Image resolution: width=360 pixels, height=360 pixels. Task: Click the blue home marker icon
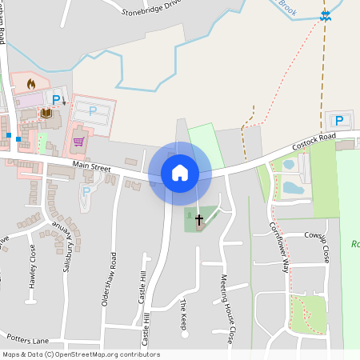pyautogui.click(x=180, y=173)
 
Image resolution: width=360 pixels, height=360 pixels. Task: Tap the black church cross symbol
pyautogui.click(x=199, y=218)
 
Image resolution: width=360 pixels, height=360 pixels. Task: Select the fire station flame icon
pyautogui.click(x=31, y=82)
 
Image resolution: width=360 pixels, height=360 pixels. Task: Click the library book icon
pyautogui.click(x=46, y=114)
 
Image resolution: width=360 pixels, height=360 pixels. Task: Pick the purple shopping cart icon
pyautogui.click(x=78, y=142)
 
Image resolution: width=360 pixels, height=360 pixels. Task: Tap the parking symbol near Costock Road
pyautogui.click(x=338, y=121)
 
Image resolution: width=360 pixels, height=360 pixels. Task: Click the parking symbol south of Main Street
pyautogui.click(x=86, y=191)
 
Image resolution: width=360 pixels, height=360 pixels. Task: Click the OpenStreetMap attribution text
pyautogui.click(x=80, y=354)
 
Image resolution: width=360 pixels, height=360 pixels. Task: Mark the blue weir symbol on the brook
pyautogui.click(x=325, y=14)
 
